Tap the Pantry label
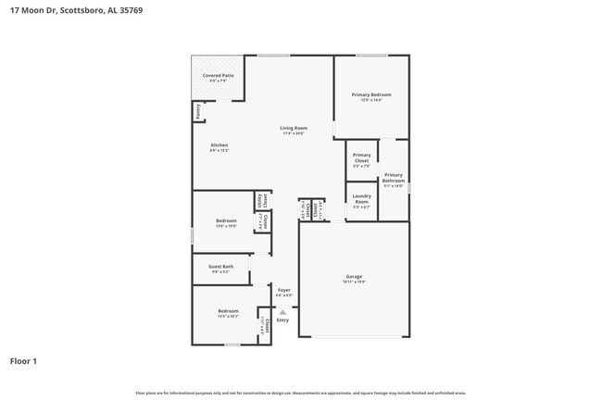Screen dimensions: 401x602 (197, 111)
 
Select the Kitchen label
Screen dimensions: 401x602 (219, 146)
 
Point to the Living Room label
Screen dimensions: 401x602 (294, 130)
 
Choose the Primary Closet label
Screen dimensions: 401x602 (361, 158)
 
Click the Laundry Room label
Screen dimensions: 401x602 (361, 197)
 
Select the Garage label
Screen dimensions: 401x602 (354, 277)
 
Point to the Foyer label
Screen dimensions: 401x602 (284, 291)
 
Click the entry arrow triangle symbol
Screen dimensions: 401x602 (282, 311)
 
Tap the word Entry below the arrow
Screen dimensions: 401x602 (282, 320)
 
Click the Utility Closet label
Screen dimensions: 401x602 (264, 200)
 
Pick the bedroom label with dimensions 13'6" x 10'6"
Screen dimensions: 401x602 (226, 222)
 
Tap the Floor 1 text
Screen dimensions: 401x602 (23, 360)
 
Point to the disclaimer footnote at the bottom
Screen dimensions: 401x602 (300, 393)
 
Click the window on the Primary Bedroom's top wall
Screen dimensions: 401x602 (371, 55)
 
